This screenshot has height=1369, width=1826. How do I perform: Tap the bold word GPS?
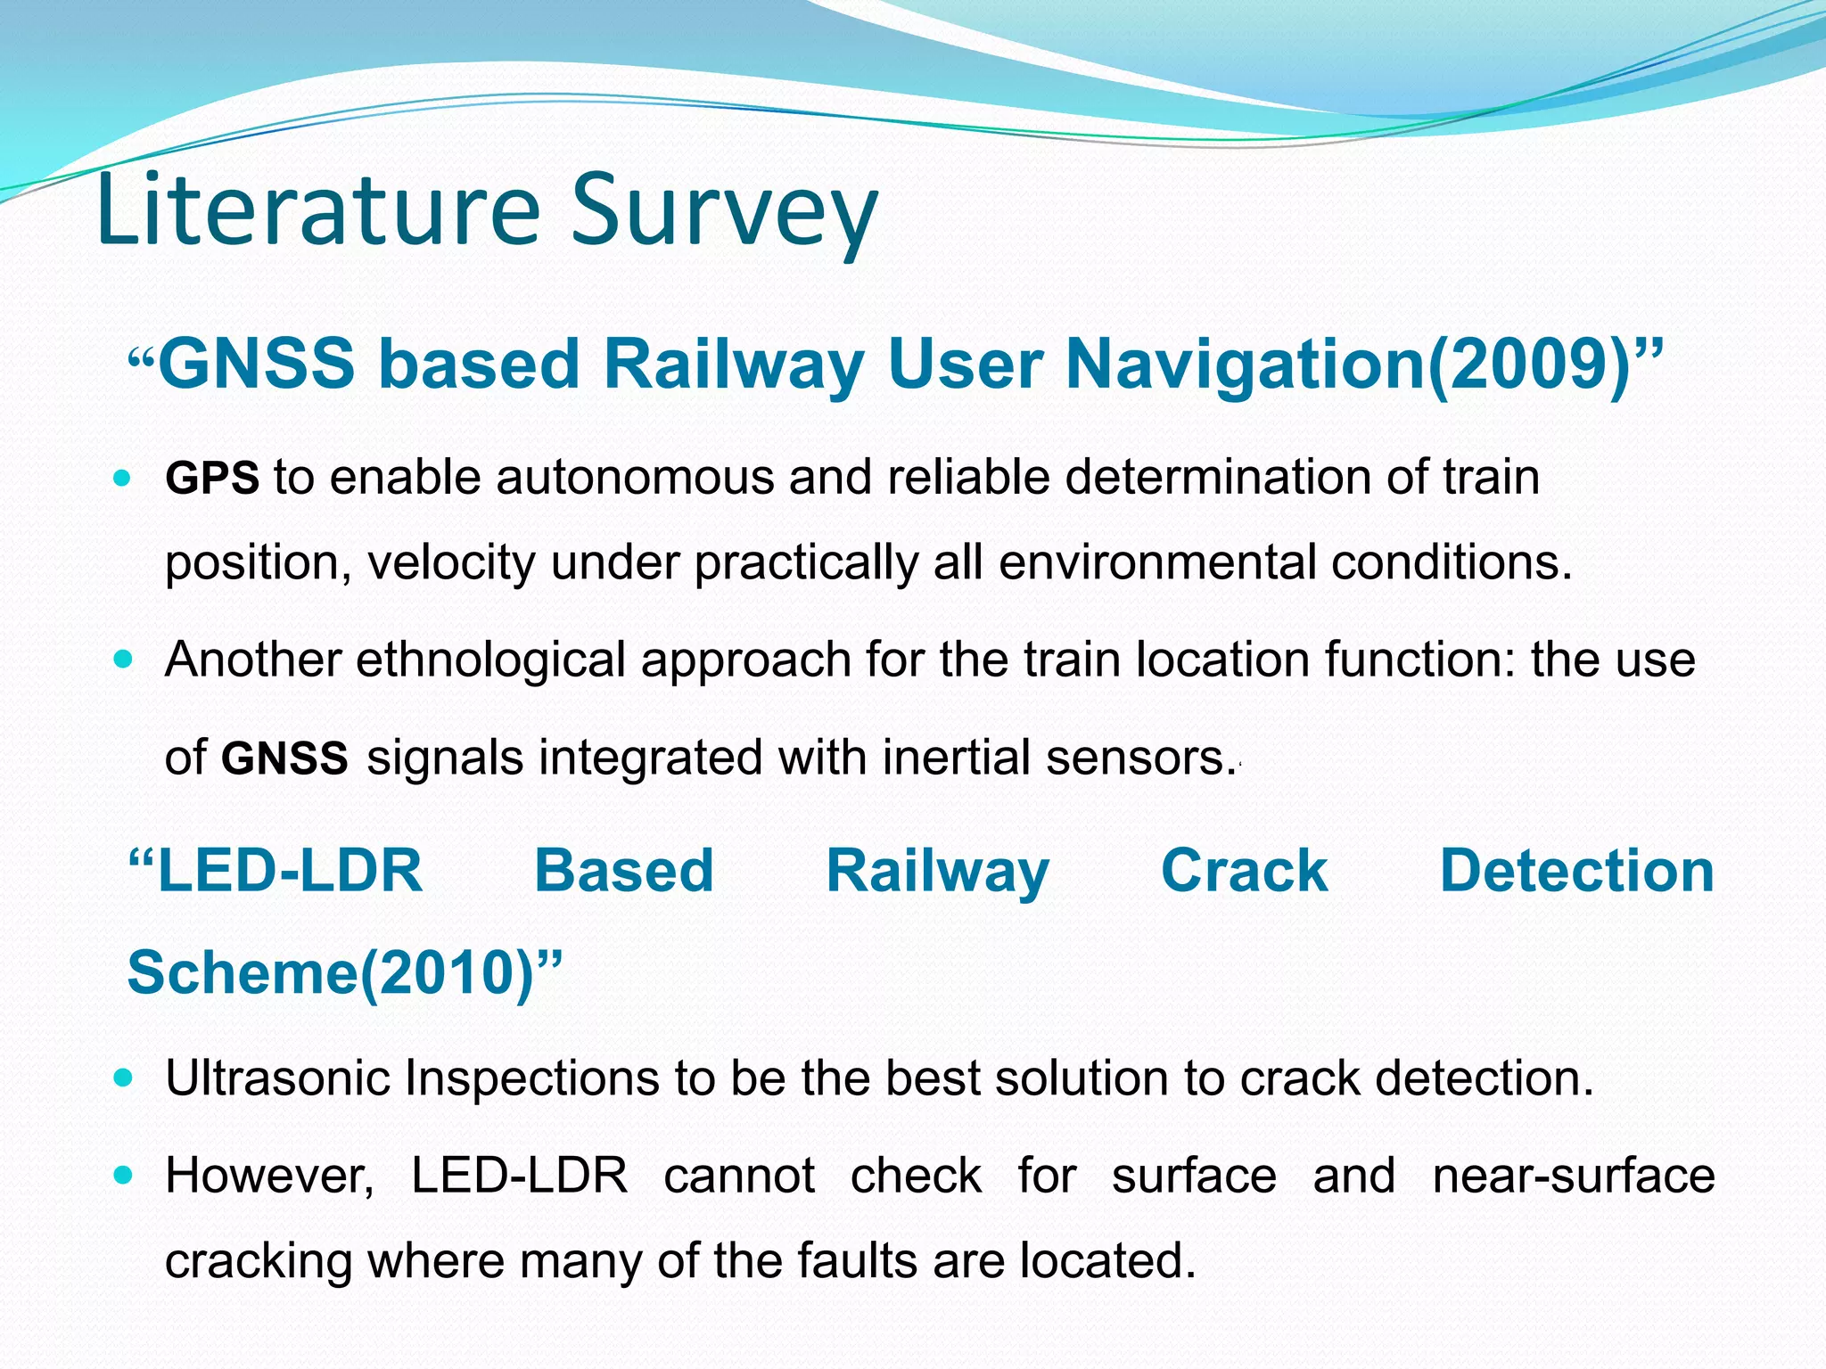point(212,479)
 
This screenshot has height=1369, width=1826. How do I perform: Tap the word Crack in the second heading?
point(1244,871)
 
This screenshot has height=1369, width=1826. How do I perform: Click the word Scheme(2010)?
point(343,972)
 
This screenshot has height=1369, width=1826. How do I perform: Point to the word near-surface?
point(1573,1176)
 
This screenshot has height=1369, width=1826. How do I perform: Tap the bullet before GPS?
point(123,478)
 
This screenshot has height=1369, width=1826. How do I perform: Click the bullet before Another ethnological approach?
point(123,660)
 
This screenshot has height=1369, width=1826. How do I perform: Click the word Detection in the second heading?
point(1576,871)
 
